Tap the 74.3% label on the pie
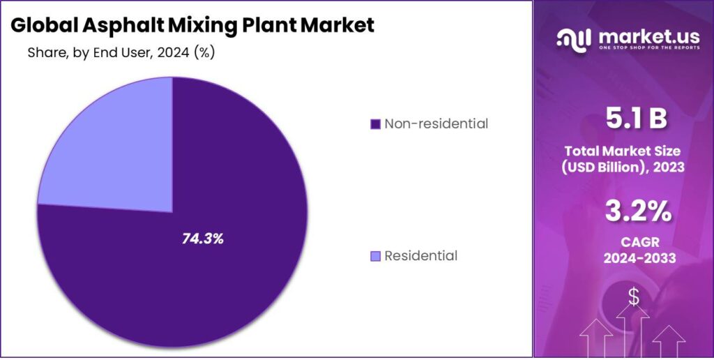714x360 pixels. click(202, 239)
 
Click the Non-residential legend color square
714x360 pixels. click(375, 124)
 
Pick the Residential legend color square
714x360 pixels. click(375, 256)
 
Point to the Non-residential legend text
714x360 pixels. click(436, 124)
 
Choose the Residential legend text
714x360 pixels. click(420, 256)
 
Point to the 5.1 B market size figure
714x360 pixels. click(624, 120)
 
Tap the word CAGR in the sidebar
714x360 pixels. click(624, 241)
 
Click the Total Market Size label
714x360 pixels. click(624, 151)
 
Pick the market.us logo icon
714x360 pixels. click(573, 39)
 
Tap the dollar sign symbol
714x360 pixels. click(633, 297)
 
